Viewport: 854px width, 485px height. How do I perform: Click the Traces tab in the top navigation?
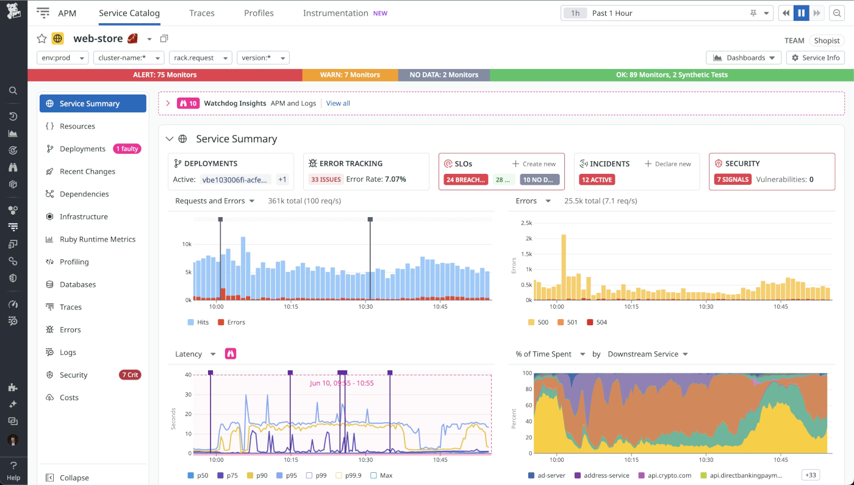point(201,13)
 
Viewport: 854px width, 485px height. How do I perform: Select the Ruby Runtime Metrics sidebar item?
point(97,239)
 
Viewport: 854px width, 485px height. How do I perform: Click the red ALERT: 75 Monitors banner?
point(165,75)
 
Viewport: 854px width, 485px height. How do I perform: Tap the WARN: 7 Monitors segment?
point(350,75)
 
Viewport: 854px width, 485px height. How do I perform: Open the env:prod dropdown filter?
point(62,58)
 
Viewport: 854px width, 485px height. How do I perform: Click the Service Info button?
point(815,57)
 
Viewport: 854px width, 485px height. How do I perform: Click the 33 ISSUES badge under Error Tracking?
point(325,179)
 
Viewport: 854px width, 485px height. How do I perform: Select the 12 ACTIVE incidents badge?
point(597,179)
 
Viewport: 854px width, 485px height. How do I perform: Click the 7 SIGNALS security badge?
point(733,179)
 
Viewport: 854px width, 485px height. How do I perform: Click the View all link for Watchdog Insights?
point(338,103)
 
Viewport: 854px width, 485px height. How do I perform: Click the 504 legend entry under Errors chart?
point(597,322)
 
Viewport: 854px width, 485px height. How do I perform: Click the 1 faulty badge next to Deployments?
point(127,149)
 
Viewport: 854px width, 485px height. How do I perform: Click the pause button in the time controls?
point(801,13)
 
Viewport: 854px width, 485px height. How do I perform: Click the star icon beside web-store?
point(41,39)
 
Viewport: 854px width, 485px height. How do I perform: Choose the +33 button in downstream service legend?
point(811,475)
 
